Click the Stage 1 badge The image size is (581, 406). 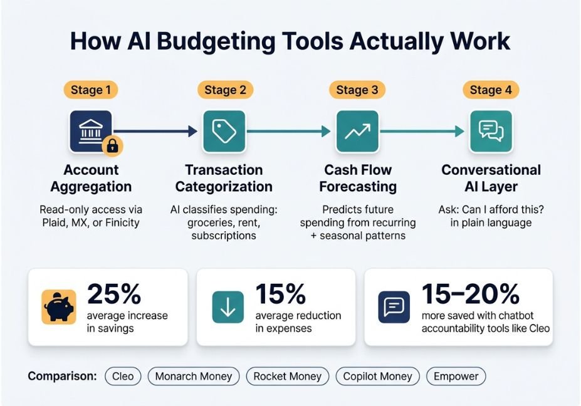pyautogui.click(x=91, y=90)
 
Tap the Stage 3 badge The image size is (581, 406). pyautogui.click(x=357, y=90)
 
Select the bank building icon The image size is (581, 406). pyautogui.click(x=90, y=130)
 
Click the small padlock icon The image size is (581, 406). pyautogui.click(x=113, y=145)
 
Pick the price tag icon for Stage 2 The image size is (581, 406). pyautogui.click(x=224, y=131)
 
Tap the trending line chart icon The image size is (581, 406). pyautogui.click(x=358, y=131)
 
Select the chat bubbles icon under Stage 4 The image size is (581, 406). pyautogui.click(x=491, y=131)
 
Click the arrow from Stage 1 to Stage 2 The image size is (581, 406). pyautogui.click(x=155, y=131)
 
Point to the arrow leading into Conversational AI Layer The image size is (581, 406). pyautogui.click(x=422, y=131)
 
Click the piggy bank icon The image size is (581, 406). pyautogui.click(x=59, y=307)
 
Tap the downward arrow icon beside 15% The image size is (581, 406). pyautogui.click(x=228, y=307)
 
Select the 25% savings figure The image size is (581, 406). pyautogui.click(x=114, y=294)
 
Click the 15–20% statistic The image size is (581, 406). pyautogui.click(x=471, y=294)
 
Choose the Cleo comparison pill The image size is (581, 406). pyautogui.click(x=123, y=377)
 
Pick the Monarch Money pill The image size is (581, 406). pyautogui.click(x=194, y=377)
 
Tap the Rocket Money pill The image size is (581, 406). pyautogui.click(x=288, y=377)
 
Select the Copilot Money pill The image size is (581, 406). pyautogui.click(x=377, y=377)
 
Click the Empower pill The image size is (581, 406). pyautogui.click(x=456, y=377)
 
